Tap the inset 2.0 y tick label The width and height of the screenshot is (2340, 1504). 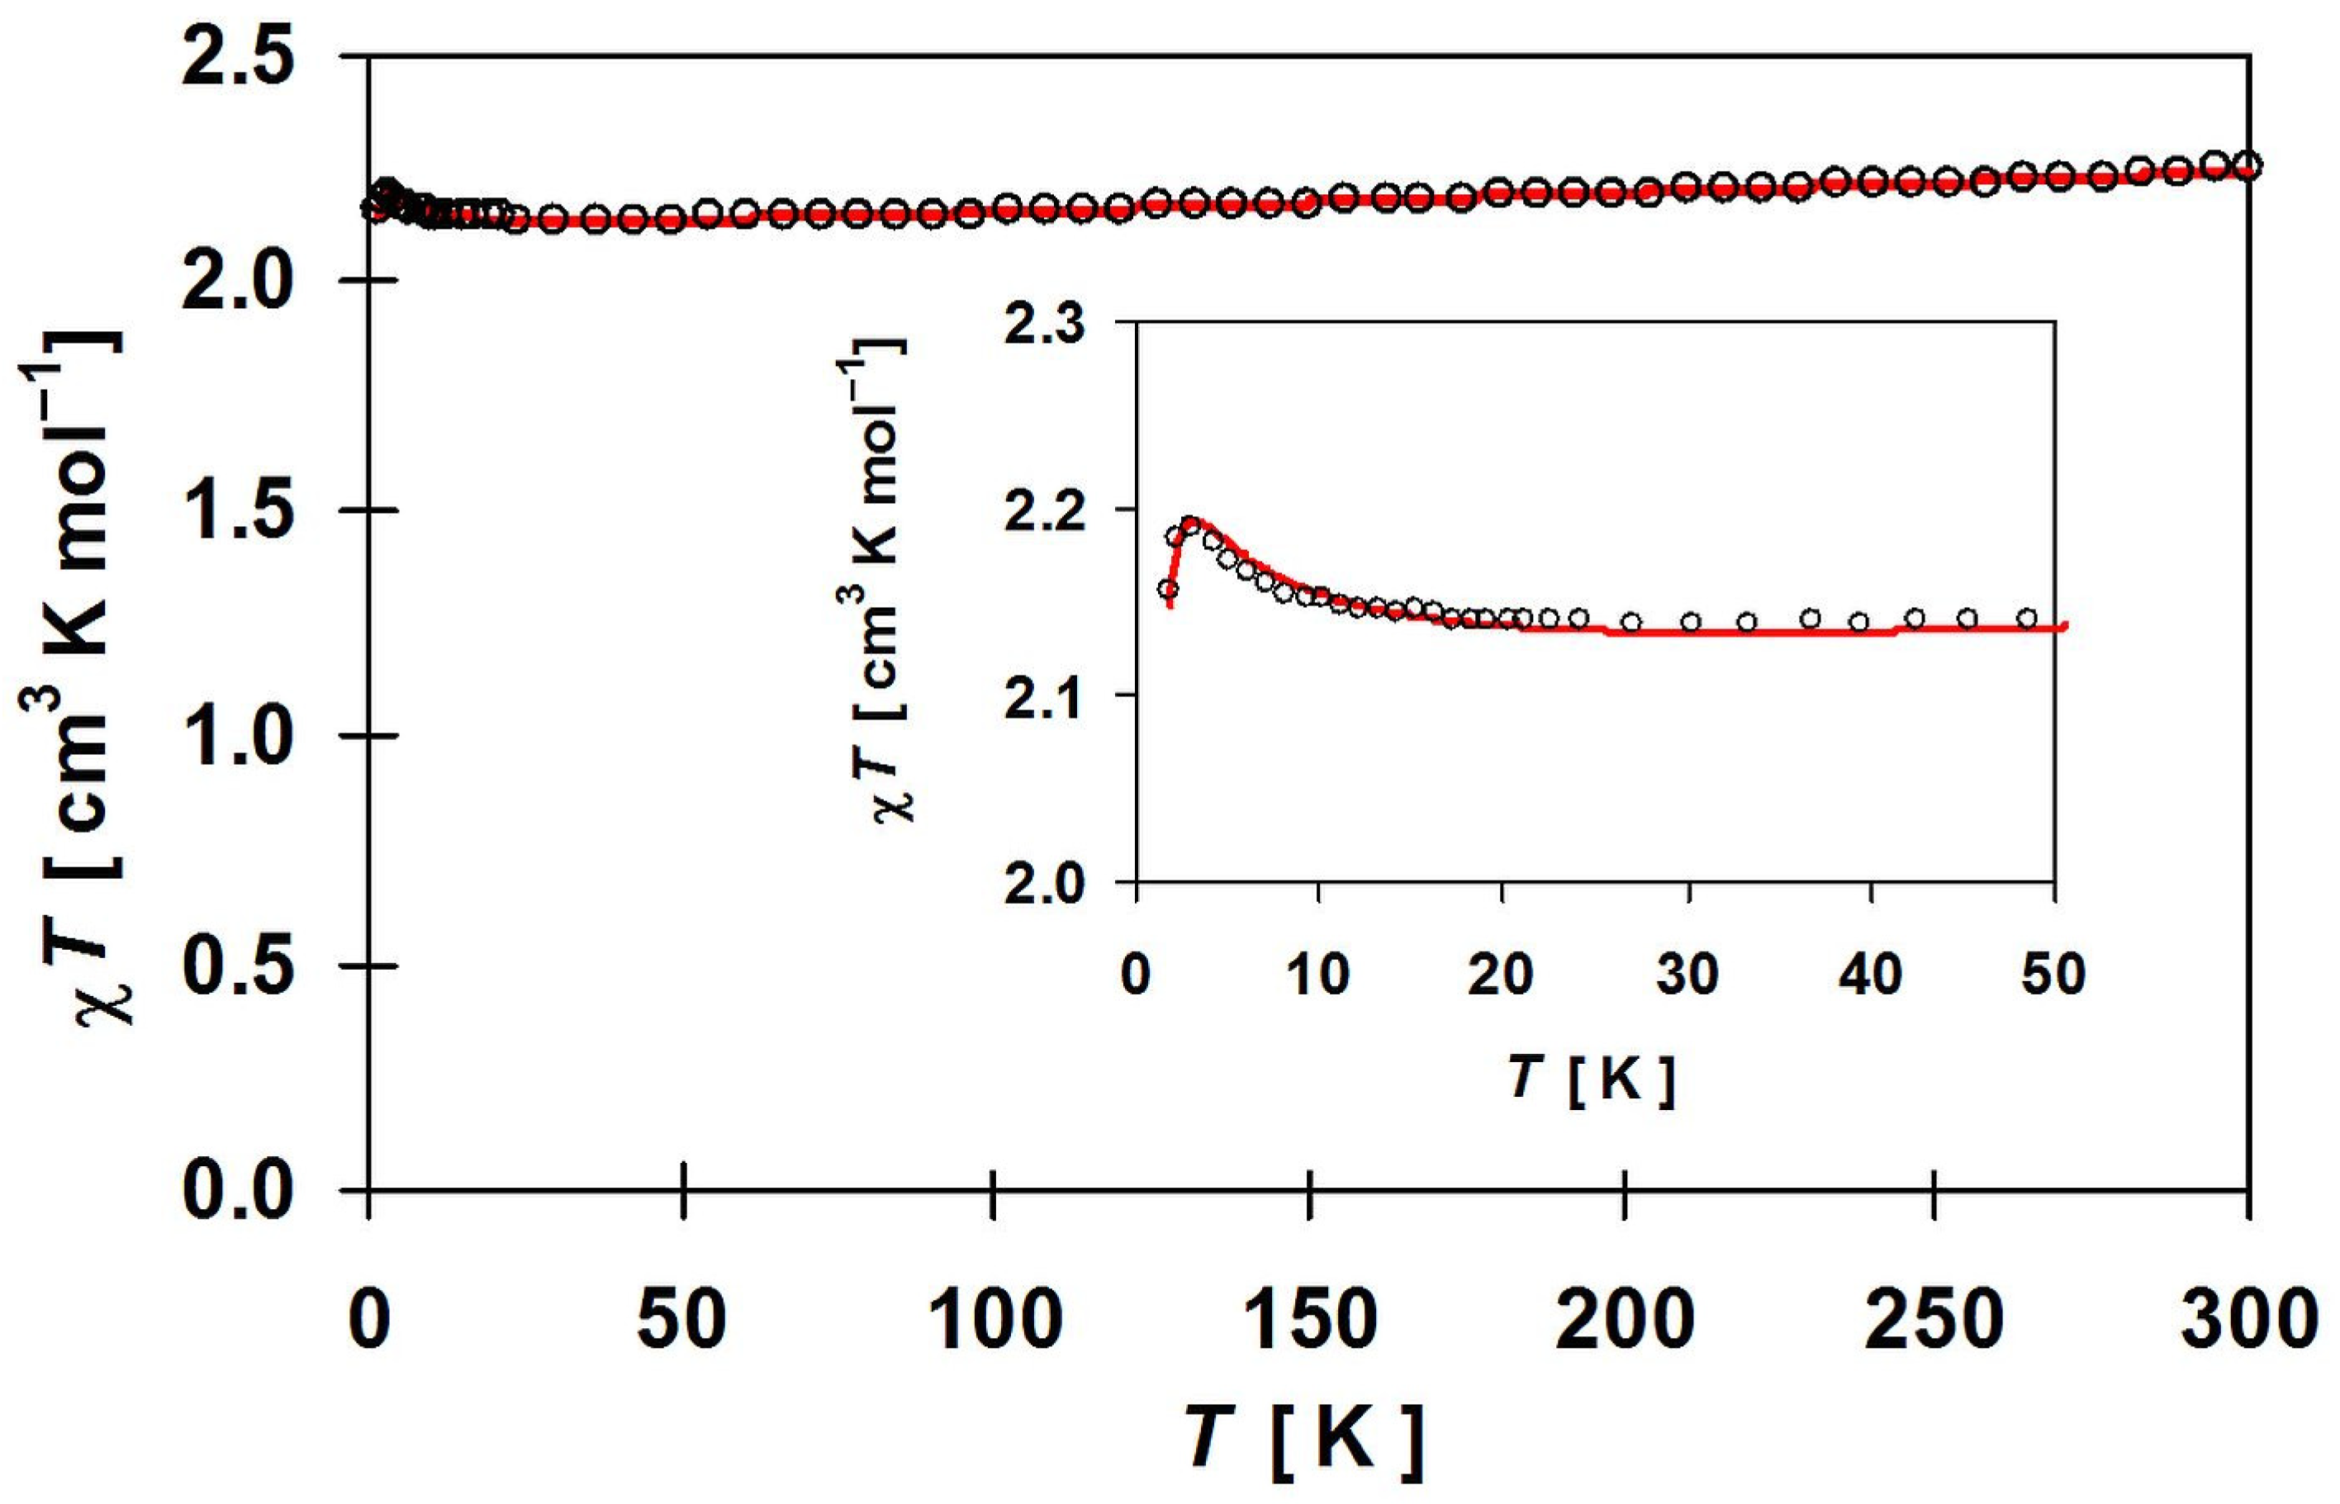pyautogui.click(x=1045, y=884)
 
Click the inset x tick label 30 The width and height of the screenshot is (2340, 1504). pyautogui.click(x=1687, y=975)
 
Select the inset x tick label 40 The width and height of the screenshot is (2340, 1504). pyautogui.click(x=1869, y=975)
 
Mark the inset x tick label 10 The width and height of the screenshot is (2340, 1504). pyautogui.click(x=1317, y=975)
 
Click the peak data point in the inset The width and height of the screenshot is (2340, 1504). pyautogui.click(x=1189, y=525)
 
